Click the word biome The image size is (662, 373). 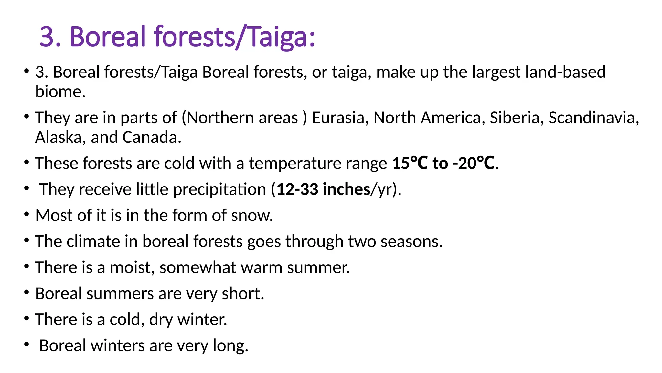[60, 92]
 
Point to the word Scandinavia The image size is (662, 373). [593, 118]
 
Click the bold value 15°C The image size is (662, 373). [410, 163]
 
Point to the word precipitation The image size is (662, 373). [219, 189]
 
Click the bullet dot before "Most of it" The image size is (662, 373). [27, 214]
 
